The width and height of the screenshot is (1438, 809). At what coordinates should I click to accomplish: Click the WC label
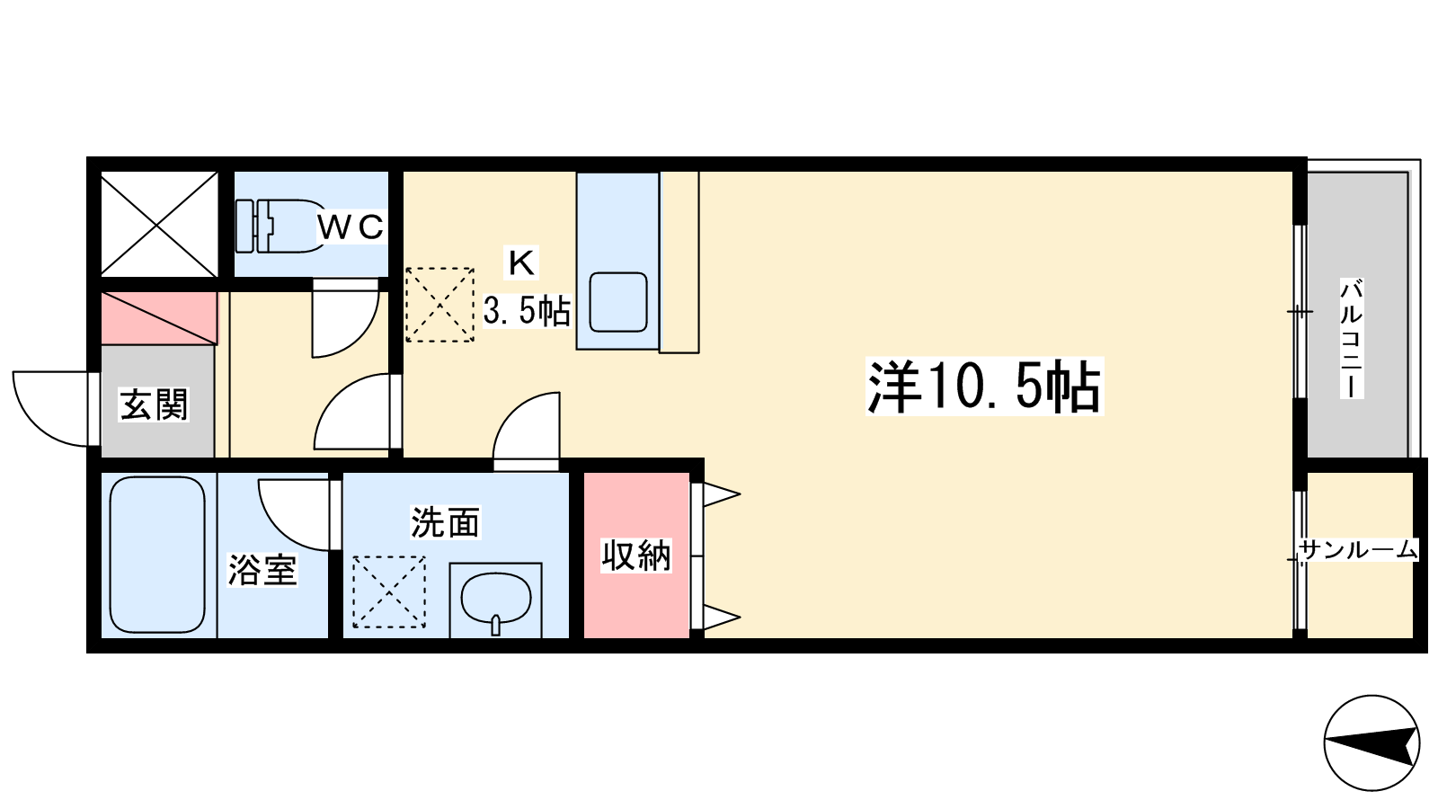click(351, 226)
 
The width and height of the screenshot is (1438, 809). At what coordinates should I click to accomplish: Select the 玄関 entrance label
click(154, 404)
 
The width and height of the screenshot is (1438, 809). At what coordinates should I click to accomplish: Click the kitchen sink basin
click(617, 302)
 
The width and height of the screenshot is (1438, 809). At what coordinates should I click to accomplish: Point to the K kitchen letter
click(521, 262)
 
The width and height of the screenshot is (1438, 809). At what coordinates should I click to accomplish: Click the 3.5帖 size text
click(527, 311)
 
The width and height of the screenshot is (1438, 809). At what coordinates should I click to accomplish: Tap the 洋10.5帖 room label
click(984, 387)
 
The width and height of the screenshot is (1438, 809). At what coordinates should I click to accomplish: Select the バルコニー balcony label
click(1352, 338)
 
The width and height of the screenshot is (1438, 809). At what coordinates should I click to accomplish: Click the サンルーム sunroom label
click(1358, 550)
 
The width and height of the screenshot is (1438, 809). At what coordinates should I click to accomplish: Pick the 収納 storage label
click(636, 556)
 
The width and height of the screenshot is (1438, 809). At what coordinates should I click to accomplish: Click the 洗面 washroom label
click(445, 522)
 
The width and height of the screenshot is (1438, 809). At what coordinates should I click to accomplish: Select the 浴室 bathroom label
click(262, 570)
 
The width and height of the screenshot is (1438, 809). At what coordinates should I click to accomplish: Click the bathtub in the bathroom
click(157, 554)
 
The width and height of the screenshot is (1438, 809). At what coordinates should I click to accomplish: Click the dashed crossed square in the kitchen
click(439, 305)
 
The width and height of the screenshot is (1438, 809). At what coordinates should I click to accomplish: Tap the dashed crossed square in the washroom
click(389, 592)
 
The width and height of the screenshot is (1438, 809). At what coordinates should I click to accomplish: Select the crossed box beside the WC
click(159, 224)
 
